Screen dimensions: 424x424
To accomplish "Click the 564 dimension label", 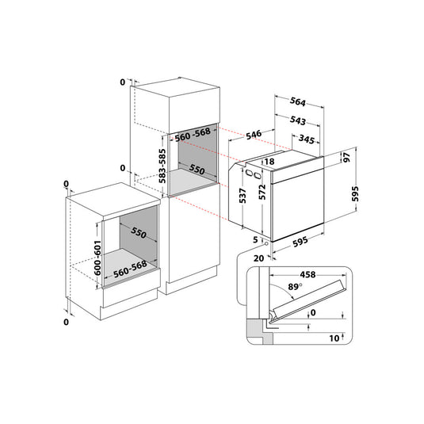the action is [x=298, y=101].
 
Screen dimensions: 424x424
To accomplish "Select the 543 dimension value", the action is [x=298, y=120].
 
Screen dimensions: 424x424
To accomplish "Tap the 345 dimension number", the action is [x=307, y=139].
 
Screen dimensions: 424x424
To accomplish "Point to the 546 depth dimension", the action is [x=254, y=135].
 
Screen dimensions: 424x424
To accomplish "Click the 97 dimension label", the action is [x=346, y=157].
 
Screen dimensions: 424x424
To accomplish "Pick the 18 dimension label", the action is [x=269, y=162].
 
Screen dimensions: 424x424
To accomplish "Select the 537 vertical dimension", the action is [x=243, y=196].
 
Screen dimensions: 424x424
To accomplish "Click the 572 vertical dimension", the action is [x=262, y=193].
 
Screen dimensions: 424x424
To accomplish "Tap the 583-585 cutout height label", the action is [x=162, y=166].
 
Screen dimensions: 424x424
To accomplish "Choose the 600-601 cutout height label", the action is [x=97, y=258].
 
